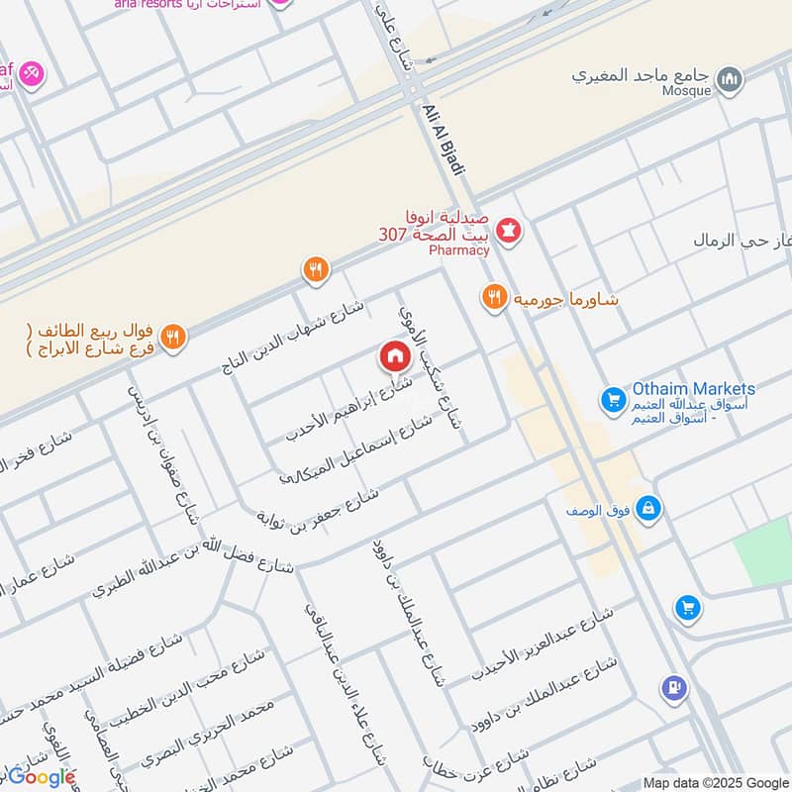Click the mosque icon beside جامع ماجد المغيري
730,77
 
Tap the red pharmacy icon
511,231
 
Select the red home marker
394,355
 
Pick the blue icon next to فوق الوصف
648,509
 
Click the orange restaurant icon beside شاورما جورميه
493,296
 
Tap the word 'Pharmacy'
459,250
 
